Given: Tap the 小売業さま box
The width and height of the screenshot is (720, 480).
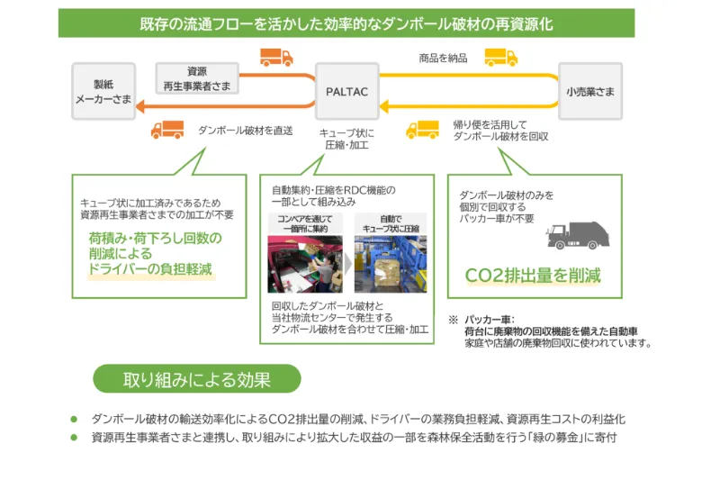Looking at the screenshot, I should [590, 91].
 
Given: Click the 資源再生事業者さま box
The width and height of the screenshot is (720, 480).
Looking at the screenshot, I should [196, 77].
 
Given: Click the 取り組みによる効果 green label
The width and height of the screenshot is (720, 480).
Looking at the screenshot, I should [196, 379].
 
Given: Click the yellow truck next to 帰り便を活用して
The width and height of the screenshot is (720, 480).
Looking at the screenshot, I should [422, 130].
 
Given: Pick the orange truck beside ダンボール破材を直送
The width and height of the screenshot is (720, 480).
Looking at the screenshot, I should [168, 130].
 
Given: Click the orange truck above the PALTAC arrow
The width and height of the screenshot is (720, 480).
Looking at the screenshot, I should [275, 58].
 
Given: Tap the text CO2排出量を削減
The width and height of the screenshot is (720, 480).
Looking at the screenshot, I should [532, 275].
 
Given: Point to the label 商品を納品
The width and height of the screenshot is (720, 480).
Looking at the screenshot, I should [443, 59].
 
